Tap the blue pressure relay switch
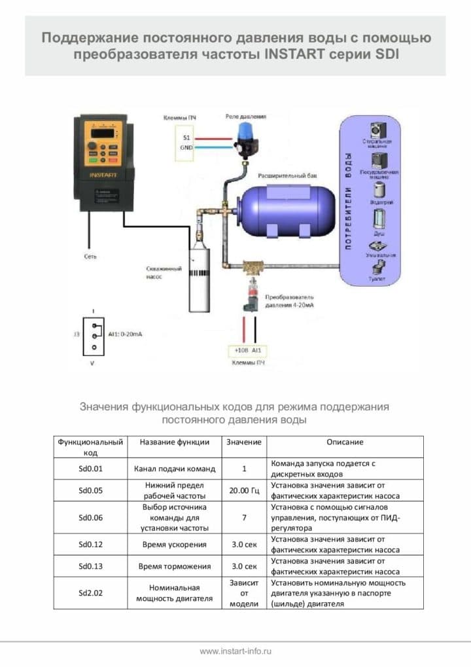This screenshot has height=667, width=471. tap(245, 139)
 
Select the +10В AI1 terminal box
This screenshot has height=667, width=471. tap(249, 351)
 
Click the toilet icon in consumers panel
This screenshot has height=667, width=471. tap(378, 266)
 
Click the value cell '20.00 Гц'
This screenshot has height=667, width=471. tap(243, 491)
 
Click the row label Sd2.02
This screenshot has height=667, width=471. tap(91, 593)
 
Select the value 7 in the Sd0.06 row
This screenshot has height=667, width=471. tap(243, 517)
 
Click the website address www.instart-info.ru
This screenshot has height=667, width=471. tap(235, 651)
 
